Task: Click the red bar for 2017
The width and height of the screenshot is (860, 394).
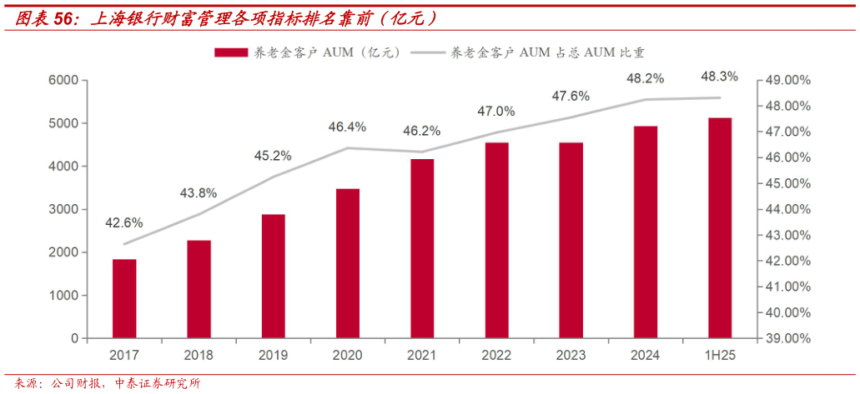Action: pos(124,299)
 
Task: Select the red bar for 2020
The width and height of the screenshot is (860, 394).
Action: pos(348,263)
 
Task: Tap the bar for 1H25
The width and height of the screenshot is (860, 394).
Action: pos(720,228)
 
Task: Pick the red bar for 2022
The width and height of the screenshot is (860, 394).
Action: pos(496,241)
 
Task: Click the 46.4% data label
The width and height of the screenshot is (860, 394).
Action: pos(347,127)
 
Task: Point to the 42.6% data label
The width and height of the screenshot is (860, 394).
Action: pos(123,222)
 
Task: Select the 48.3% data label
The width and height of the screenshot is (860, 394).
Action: pos(719,77)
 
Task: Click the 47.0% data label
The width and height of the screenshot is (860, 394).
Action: pos(496,111)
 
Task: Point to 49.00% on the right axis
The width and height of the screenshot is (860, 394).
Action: pos(788,80)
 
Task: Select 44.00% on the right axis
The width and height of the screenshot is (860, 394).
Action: pos(788,209)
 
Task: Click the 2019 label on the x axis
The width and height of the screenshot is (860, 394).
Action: pos(273,355)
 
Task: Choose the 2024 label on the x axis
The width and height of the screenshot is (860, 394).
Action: pos(645,355)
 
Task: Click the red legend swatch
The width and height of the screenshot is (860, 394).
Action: pos(230,52)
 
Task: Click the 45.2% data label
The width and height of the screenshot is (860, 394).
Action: pos(273,155)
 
